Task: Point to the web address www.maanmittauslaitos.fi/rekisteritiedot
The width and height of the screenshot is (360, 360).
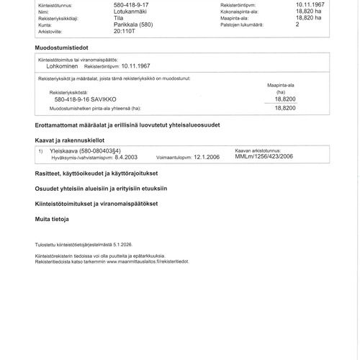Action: tap(149, 261)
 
